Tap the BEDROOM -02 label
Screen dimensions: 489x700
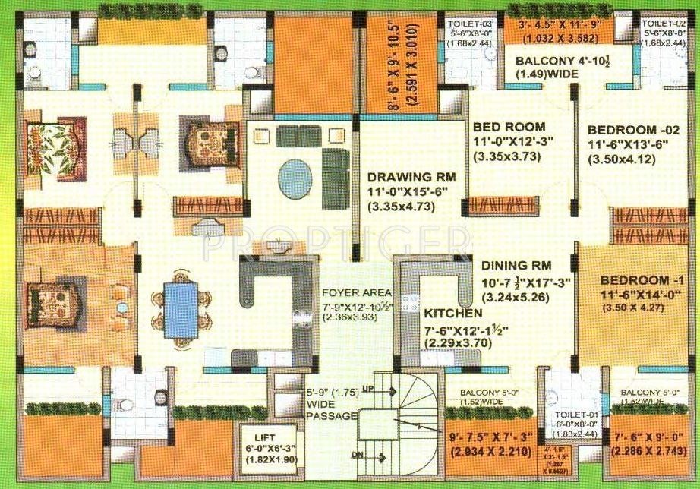coord(630,129)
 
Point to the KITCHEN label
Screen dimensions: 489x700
coord(452,313)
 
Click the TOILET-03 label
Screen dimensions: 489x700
coord(465,24)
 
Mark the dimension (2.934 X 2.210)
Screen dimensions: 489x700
coord(490,454)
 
